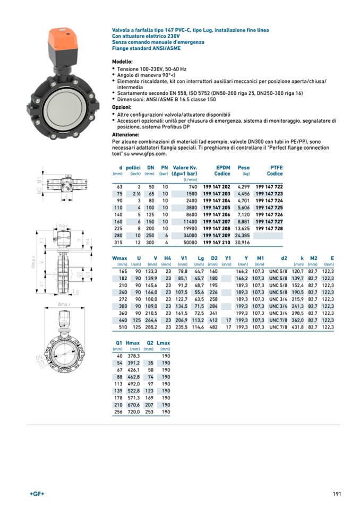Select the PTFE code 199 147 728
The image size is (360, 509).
[x=269, y=228]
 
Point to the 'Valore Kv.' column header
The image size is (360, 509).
[x=185, y=168]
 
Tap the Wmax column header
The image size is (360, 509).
[x=120, y=258]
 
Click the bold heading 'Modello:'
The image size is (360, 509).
[x=122, y=62]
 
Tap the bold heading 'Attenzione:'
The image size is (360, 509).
[x=125, y=134]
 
